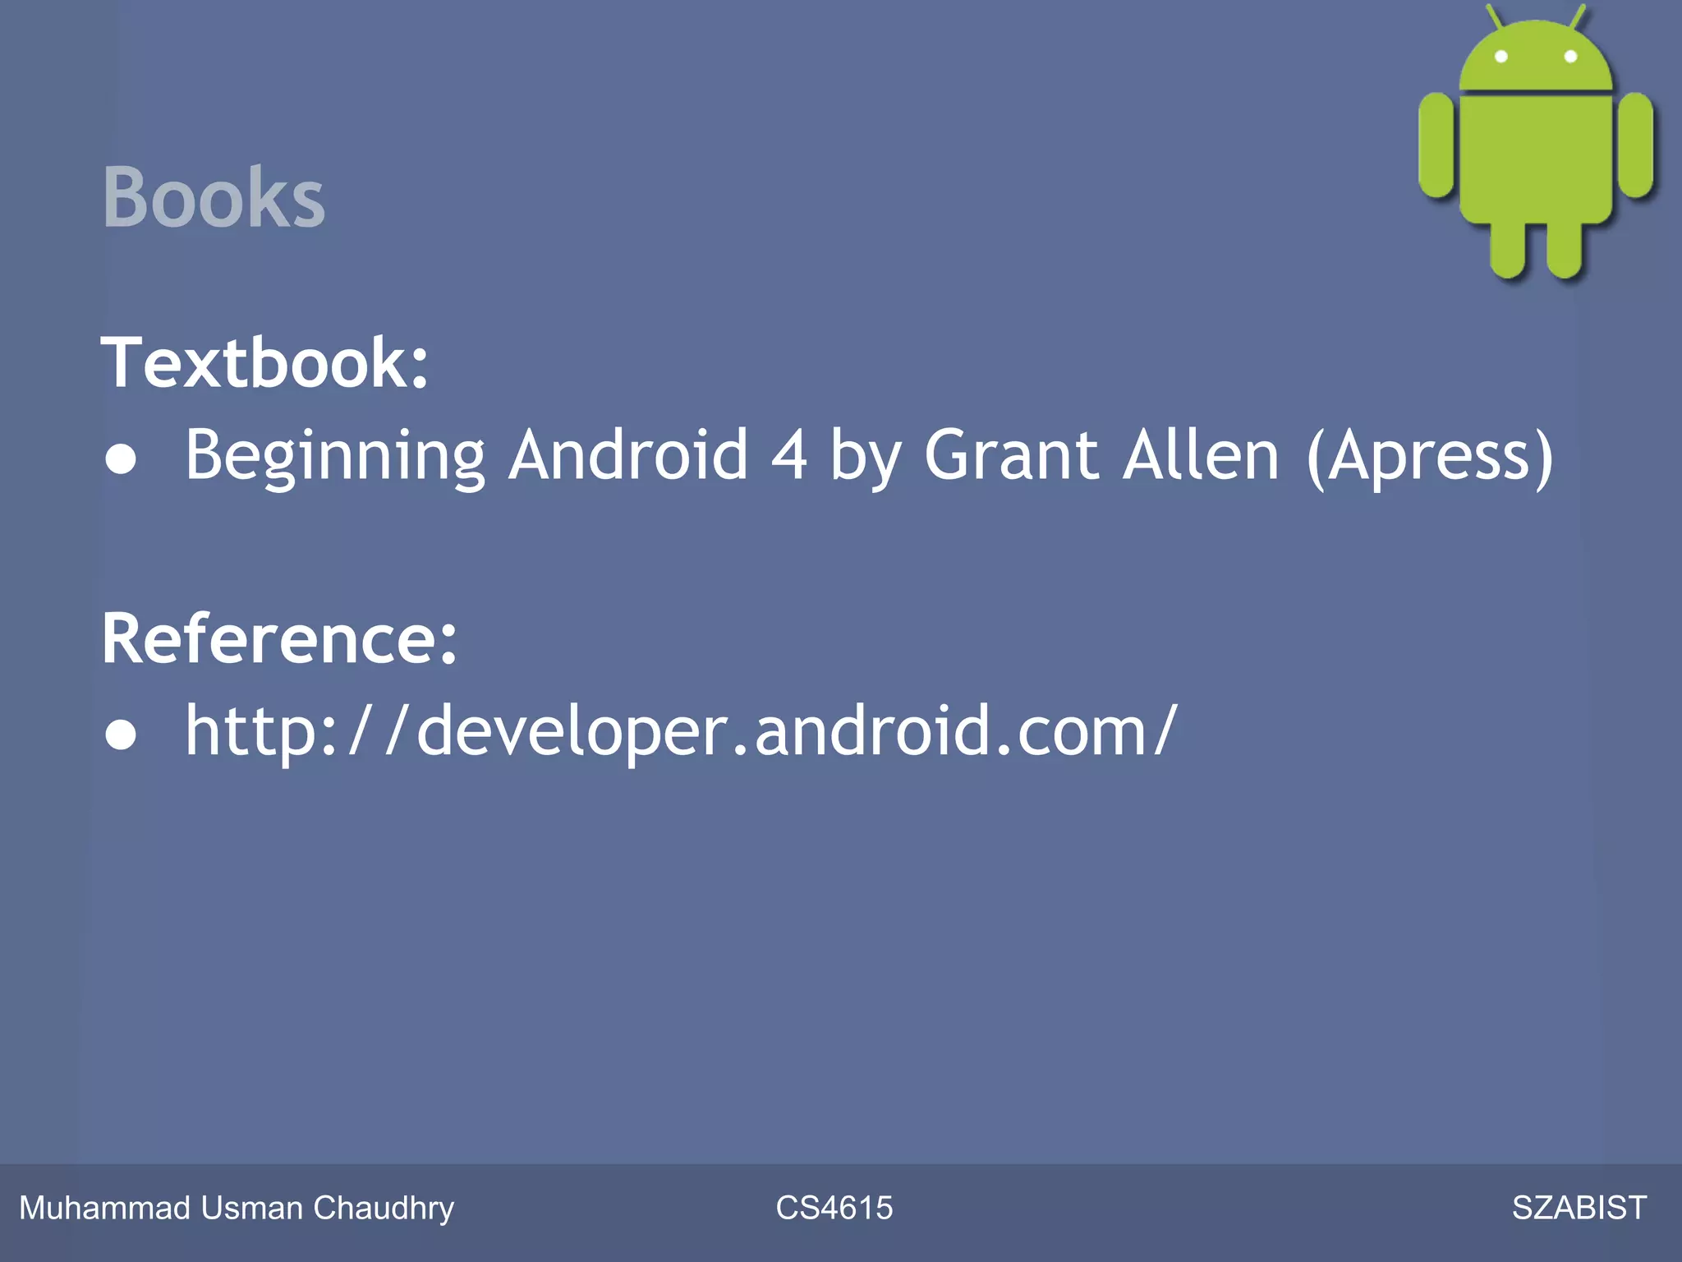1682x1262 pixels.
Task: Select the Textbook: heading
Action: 264,362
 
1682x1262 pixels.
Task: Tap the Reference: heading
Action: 279,638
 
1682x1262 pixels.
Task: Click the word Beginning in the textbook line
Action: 335,456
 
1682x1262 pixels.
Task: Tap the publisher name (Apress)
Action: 1430,456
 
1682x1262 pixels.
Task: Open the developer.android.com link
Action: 682,730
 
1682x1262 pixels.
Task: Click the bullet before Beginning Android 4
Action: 121,458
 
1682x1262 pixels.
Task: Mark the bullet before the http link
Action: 121,734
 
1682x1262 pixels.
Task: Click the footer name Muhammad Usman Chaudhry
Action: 237,1208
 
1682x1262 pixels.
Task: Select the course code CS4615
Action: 834,1208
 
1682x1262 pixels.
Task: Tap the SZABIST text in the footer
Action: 1579,1208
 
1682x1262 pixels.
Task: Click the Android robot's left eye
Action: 1500,57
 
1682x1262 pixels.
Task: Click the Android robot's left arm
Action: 1436,145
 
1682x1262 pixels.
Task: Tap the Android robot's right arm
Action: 1636,145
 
